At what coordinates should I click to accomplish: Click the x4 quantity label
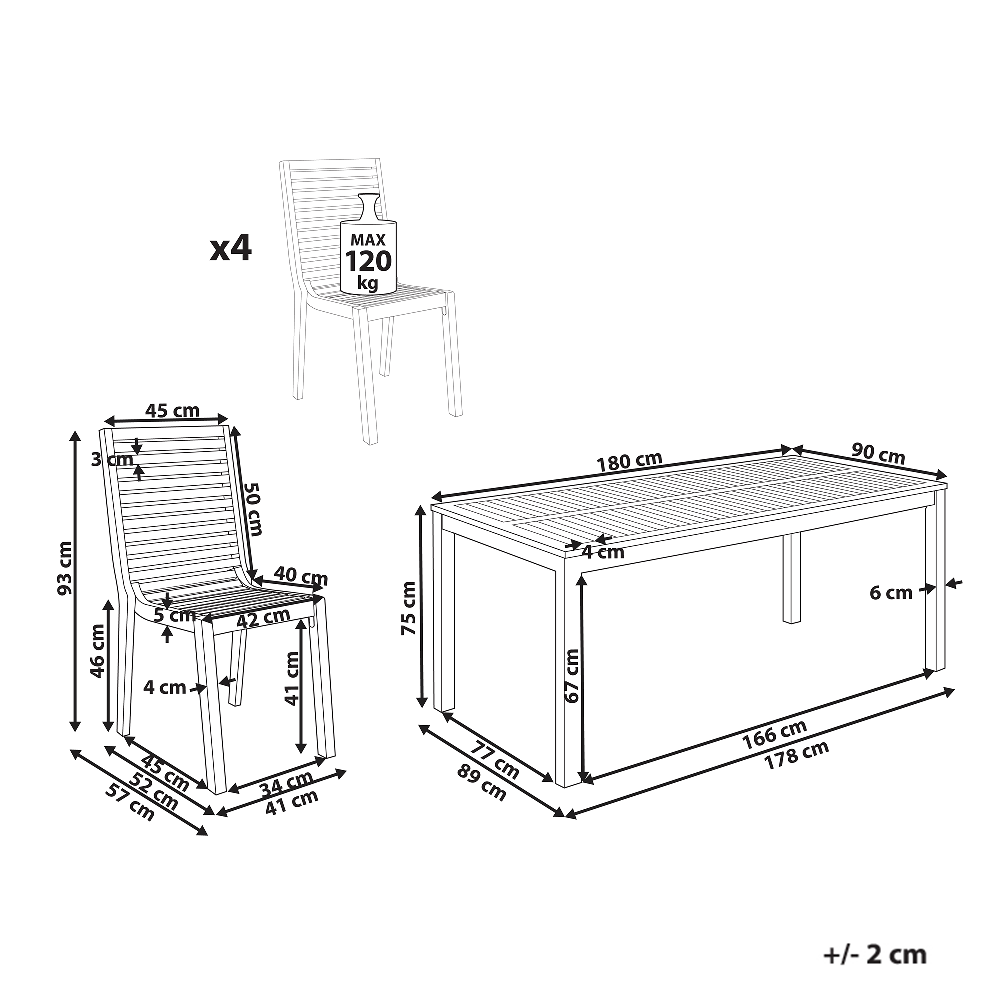231,250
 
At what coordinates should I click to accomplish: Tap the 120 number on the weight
368,261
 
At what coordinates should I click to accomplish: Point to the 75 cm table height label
409,608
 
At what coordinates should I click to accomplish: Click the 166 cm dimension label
775,734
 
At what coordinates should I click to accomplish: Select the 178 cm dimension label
797,755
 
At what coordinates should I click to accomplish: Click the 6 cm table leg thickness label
891,593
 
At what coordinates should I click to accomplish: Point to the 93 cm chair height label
65,568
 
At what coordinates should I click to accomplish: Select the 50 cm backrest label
253,509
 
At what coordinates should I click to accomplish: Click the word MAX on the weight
368,239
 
